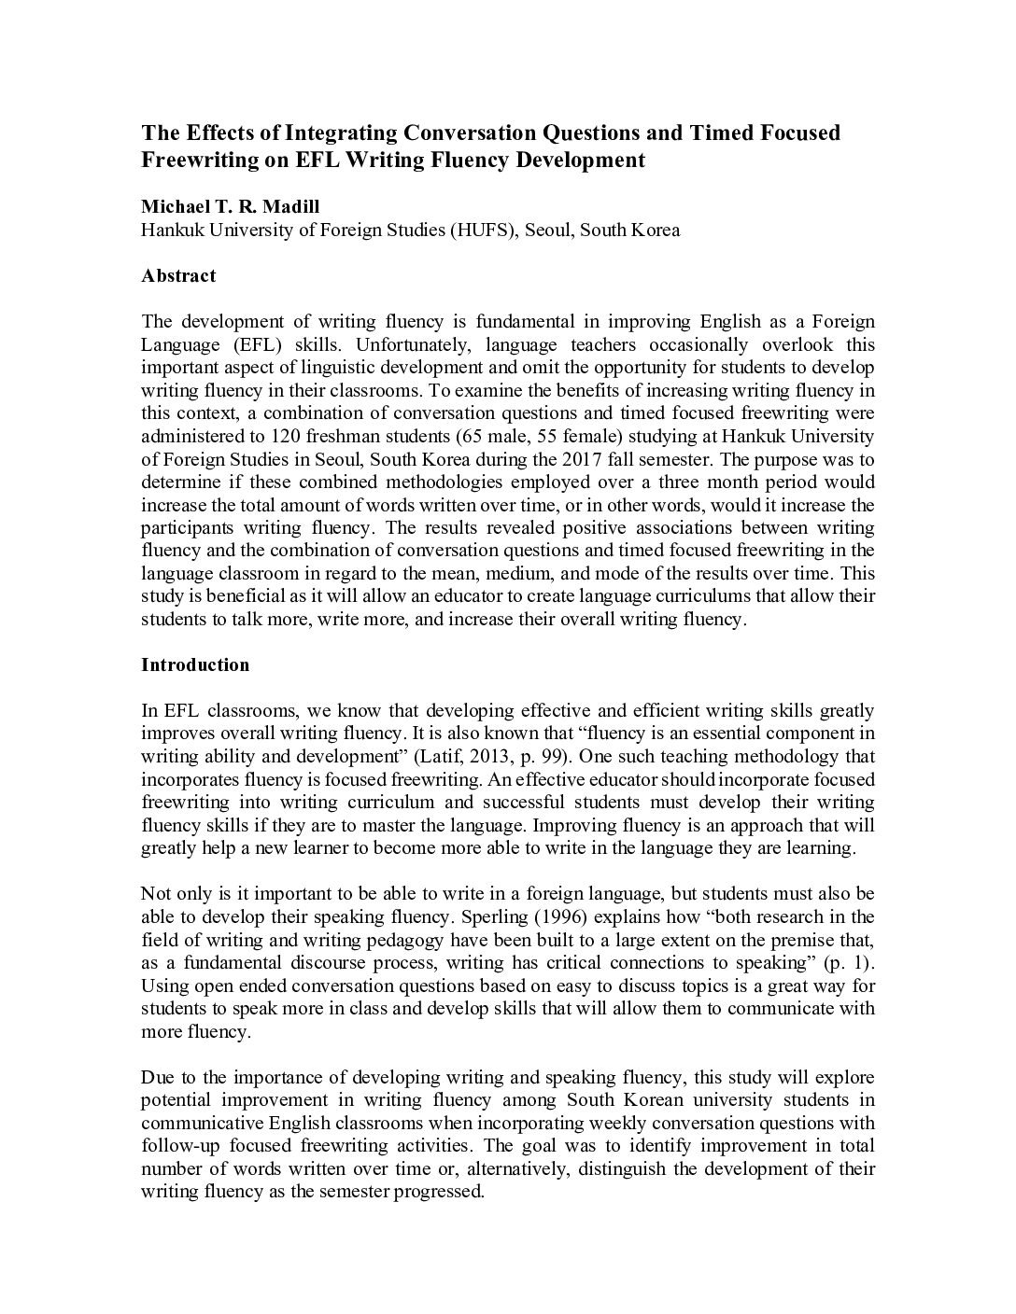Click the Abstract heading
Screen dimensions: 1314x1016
178,275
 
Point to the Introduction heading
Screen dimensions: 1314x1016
195,664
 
